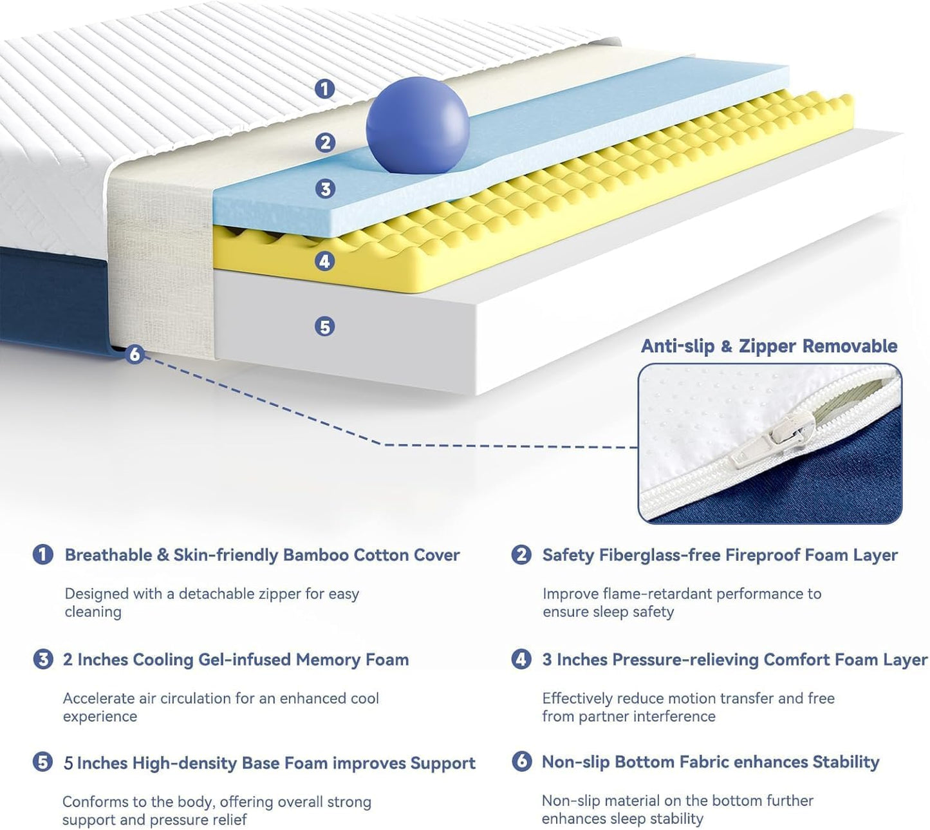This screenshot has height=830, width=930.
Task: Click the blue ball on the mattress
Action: pyautogui.click(x=417, y=125)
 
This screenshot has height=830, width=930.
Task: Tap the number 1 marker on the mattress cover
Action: pyautogui.click(x=325, y=88)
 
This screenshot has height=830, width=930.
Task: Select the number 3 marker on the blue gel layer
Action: pyautogui.click(x=325, y=189)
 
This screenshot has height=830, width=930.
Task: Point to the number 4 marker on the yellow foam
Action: pyautogui.click(x=325, y=261)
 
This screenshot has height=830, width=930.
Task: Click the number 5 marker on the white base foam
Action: pyautogui.click(x=325, y=326)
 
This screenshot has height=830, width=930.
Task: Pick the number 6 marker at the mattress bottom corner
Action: pyautogui.click(x=134, y=354)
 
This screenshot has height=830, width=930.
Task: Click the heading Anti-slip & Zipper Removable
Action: pyautogui.click(x=768, y=346)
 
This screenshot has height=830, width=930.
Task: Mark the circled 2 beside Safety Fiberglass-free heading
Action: pyautogui.click(x=521, y=554)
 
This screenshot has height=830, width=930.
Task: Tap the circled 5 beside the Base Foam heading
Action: pyautogui.click(x=42, y=762)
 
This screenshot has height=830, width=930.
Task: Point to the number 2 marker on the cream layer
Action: pyautogui.click(x=325, y=142)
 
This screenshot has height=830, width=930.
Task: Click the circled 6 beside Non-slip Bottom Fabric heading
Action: pyautogui.click(x=521, y=761)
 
